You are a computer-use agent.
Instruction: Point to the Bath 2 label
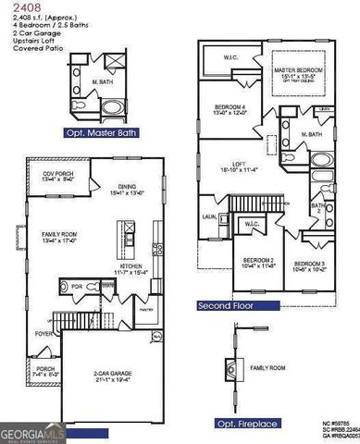pos(317,208)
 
